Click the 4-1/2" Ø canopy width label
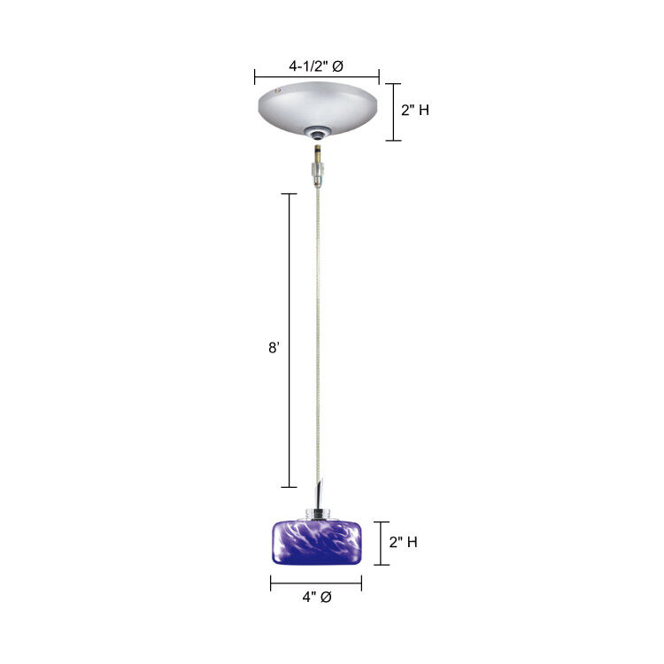[x=316, y=65]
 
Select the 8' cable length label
[x=274, y=348]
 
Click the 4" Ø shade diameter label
[x=316, y=598]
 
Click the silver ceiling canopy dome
[x=316, y=104]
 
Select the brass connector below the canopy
[x=317, y=164]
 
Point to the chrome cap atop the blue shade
[x=317, y=513]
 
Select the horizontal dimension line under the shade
[x=316, y=583]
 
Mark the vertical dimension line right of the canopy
[x=394, y=111]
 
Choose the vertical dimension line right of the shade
[x=382, y=543]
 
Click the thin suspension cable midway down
[x=318, y=336]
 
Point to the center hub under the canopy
[x=316, y=133]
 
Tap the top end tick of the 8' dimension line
[x=289, y=193]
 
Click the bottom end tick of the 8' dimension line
[x=289, y=487]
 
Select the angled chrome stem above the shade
[x=320, y=491]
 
